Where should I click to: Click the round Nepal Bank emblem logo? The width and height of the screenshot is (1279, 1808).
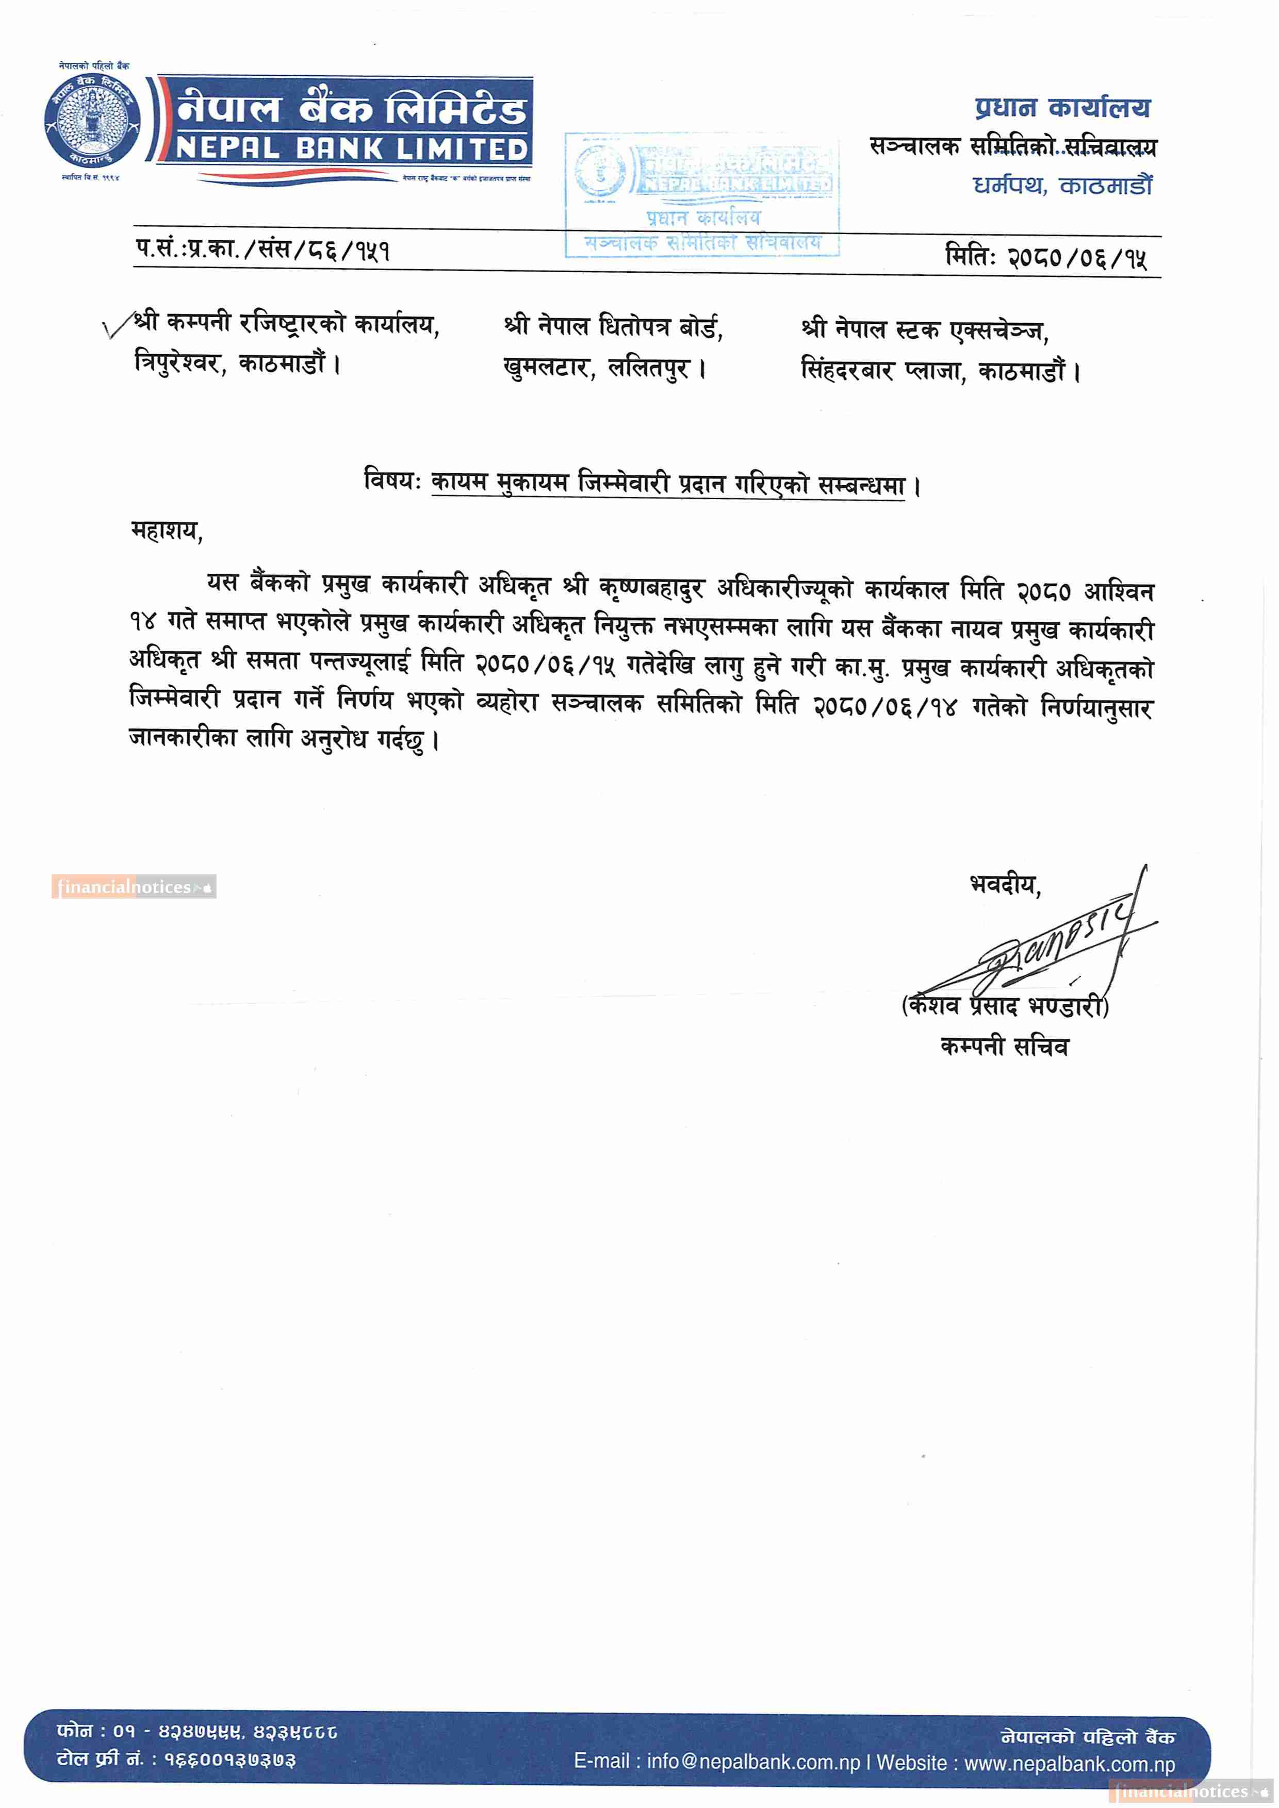pos(92,121)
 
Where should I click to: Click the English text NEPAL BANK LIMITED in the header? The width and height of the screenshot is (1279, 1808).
pos(351,149)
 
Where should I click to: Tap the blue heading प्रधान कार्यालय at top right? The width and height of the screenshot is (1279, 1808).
pos(1062,107)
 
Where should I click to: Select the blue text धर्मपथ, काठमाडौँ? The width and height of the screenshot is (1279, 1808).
pos(1062,186)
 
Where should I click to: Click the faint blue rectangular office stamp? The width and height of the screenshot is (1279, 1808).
pos(702,194)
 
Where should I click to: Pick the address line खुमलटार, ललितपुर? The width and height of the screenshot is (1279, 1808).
pos(604,368)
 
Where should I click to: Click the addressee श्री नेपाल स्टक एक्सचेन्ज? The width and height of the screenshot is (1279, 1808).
pos(924,330)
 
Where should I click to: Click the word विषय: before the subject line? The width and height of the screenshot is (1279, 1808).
pos(392,479)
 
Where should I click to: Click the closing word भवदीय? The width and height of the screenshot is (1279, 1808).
pos(1004,884)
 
